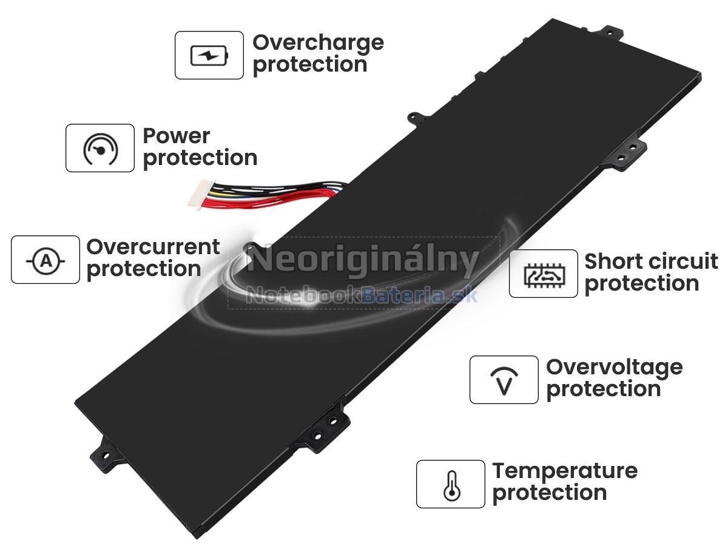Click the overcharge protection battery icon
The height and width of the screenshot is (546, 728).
click(209, 56)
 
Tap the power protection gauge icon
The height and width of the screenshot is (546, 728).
click(100, 149)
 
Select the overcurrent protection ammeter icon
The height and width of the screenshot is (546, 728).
click(45, 260)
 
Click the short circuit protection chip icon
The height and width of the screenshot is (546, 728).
click(543, 274)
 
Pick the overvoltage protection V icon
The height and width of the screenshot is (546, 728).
click(504, 380)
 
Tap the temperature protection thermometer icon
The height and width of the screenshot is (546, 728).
click(451, 485)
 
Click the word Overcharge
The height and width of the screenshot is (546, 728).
click(318, 43)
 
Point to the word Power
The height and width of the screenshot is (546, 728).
click(177, 136)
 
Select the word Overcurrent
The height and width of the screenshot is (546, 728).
click(153, 247)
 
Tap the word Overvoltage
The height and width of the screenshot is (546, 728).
click(614, 367)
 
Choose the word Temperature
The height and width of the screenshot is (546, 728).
click(565, 471)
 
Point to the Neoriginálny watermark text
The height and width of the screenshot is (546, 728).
click(363, 261)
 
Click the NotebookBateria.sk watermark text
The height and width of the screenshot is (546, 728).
click(363, 295)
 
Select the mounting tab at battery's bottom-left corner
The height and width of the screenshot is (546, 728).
click(104, 452)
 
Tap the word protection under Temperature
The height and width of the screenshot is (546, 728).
click(550, 493)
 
